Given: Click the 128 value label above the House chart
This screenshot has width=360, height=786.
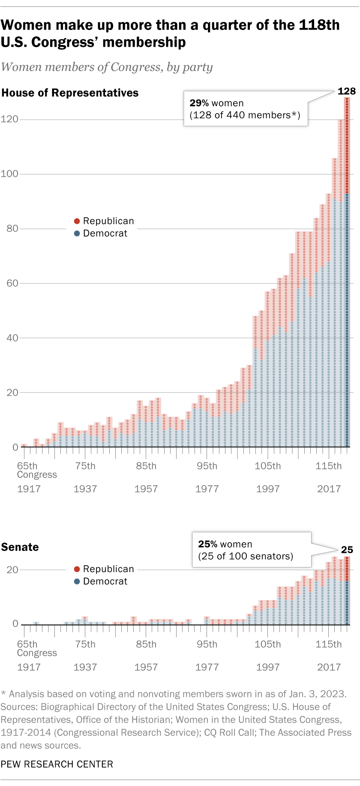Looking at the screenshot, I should pos(346,91).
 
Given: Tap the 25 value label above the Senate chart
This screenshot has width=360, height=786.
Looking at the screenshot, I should pos(347,550).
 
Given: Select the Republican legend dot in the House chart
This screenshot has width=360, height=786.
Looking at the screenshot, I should pos(77,221).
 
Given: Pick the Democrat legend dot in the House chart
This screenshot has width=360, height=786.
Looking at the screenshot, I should pos(77,234).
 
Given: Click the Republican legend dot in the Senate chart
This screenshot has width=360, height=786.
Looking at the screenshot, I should pos(77,569).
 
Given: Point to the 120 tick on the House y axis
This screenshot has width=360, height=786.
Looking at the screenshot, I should pos(9,119).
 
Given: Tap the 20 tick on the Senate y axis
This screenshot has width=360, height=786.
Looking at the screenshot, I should pos(12,570).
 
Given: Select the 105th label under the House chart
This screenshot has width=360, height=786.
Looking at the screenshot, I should pos(267,466).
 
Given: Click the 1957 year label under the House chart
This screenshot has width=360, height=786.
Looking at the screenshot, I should pos(146,489).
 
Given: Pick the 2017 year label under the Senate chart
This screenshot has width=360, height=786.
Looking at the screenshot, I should pos(329,667).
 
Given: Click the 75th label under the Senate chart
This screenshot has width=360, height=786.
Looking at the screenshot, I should pos(85,644).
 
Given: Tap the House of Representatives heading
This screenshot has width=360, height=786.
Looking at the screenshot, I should pos(70,93).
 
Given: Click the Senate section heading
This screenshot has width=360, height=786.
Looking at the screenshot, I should pos(20,547).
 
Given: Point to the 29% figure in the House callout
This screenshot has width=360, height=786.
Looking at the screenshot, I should pos(199,103).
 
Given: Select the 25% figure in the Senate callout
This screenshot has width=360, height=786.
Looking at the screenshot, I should pos(207,544).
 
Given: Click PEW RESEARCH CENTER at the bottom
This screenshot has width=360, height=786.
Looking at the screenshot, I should pos(57,764).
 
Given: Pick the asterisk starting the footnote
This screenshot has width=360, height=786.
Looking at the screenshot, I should pos(3,694).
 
